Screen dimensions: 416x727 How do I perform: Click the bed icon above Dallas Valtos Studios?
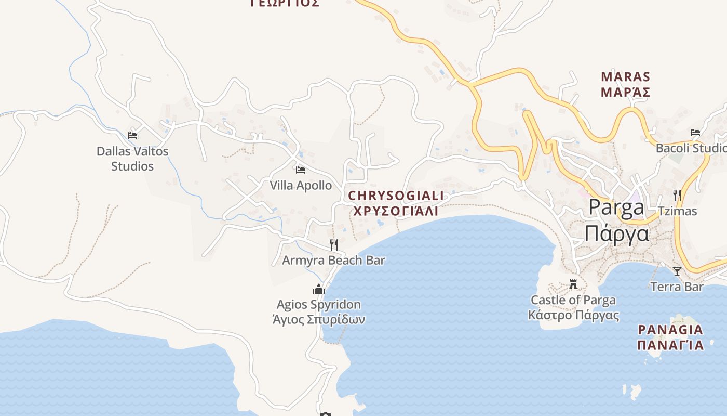click(x=132, y=136)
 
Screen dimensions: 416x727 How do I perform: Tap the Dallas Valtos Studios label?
click(x=132, y=159)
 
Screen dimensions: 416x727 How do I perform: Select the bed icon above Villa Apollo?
click(x=300, y=170)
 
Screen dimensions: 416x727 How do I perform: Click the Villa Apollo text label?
click(x=301, y=185)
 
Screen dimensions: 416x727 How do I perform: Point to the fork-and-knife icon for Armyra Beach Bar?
click(x=334, y=244)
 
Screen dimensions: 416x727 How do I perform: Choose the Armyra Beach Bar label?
click(x=333, y=260)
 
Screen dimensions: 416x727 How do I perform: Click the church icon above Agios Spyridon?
click(x=318, y=289)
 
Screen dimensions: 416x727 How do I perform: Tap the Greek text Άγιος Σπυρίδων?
click(x=318, y=319)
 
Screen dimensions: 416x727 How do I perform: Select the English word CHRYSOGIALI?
click(x=396, y=196)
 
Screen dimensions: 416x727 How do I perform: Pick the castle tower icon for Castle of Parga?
click(x=573, y=284)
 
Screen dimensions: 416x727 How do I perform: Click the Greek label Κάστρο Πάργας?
click(x=573, y=315)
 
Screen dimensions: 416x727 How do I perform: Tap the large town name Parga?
click(x=616, y=207)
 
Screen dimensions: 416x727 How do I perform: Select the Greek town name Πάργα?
click(x=616, y=233)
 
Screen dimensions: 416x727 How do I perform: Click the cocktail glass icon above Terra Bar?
click(x=677, y=271)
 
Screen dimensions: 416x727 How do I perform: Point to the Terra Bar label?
click(x=677, y=287)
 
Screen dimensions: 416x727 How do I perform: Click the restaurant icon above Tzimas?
click(x=677, y=196)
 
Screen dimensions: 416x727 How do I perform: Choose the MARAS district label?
click(x=625, y=77)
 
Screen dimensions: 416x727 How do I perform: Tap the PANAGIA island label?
click(x=670, y=330)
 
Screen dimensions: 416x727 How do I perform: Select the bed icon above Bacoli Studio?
click(x=695, y=133)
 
